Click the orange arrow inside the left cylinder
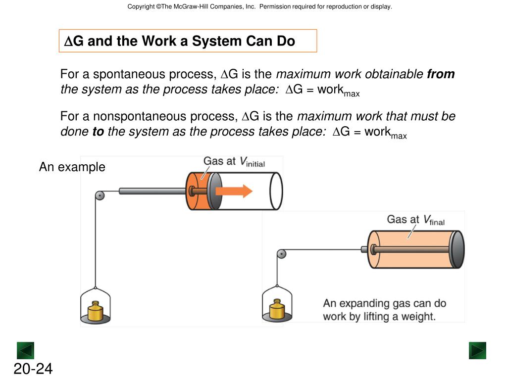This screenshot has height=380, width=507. pos(234,191)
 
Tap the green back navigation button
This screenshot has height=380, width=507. pos(25,350)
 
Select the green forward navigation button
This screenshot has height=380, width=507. pos(477,350)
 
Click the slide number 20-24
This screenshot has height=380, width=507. pos(33,369)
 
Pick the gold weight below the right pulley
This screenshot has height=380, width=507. pos(277,309)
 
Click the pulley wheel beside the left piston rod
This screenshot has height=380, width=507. pos(100,195)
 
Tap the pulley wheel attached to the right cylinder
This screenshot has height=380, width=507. pos(282,254)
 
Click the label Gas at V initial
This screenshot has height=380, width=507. pos(234,161)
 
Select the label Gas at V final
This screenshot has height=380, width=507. pos(416,220)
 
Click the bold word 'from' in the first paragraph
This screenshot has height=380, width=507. pos(441,74)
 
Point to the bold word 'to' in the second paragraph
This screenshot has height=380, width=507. pos(99,132)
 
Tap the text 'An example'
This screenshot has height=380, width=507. pos(72,167)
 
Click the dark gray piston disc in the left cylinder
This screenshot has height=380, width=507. pos(214,191)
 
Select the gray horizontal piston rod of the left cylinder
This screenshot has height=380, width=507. pos(152,191)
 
